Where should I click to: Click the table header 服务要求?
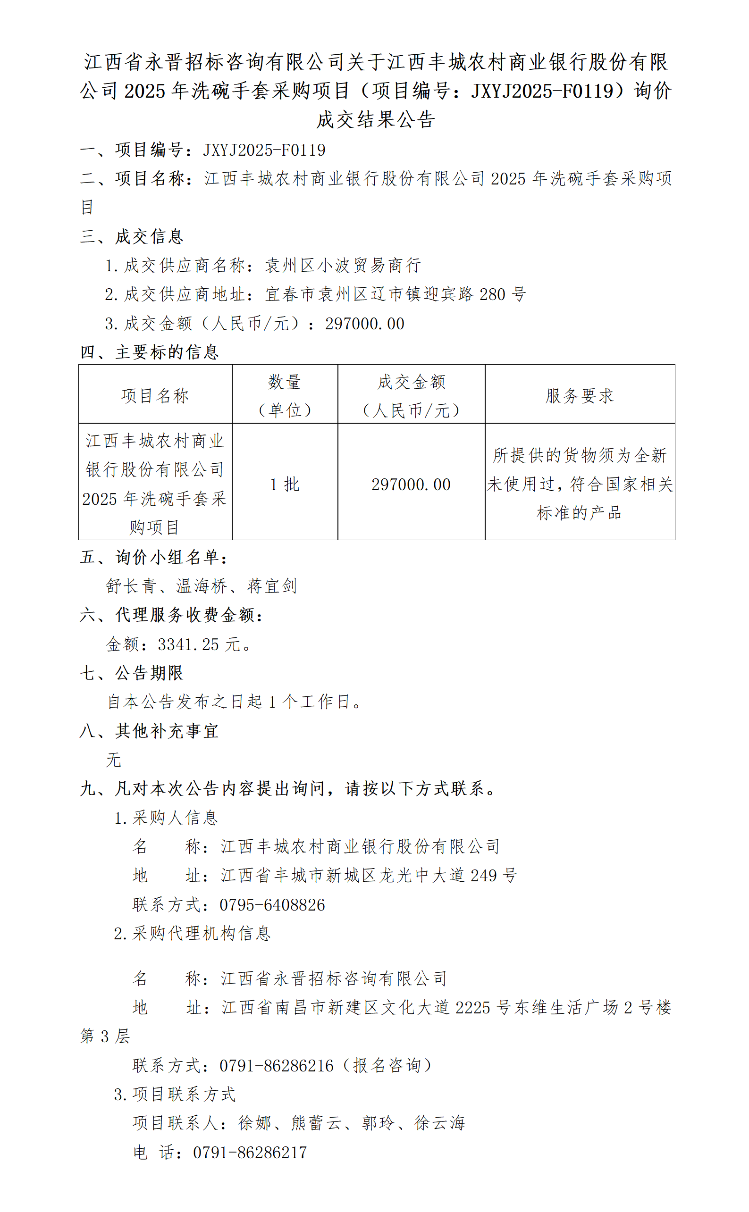click(x=579, y=395)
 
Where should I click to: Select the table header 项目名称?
click(x=155, y=395)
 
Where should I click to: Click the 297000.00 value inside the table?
click(x=411, y=484)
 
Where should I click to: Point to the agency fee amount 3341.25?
click(x=188, y=644)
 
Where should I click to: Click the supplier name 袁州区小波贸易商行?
click(x=343, y=265)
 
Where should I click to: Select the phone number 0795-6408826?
click(x=272, y=904)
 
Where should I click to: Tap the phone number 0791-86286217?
click(x=250, y=1152)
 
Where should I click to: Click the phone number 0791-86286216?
click(x=277, y=1065)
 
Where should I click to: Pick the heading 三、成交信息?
click(x=132, y=237)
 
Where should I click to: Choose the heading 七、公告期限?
click(x=132, y=673)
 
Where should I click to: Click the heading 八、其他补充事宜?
click(x=149, y=731)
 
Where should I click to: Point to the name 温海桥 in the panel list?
click(x=202, y=586)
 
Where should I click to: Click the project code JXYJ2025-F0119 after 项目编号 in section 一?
click(x=264, y=150)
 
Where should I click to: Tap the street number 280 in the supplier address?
click(x=492, y=294)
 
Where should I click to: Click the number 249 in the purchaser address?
click(x=483, y=875)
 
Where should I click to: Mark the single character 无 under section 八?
click(x=113, y=760)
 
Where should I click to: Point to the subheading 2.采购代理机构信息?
click(x=192, y=933)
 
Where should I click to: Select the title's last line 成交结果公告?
click(x=376, y=119)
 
